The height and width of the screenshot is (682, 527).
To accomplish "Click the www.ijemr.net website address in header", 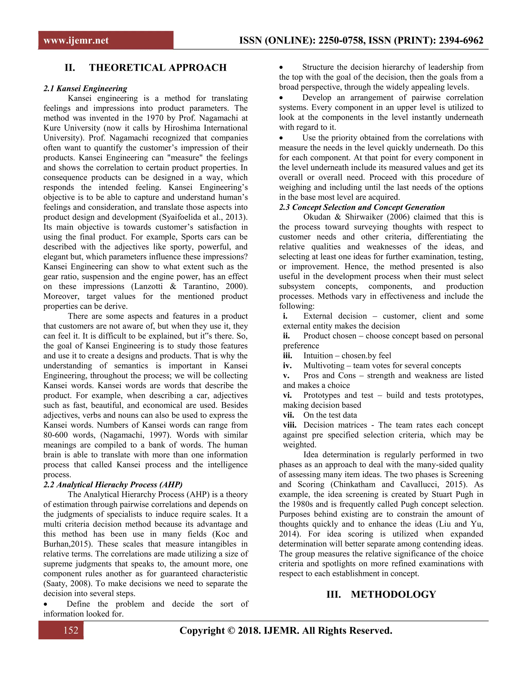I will tap(76, 40).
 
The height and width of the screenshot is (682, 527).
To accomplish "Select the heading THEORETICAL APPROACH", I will tap(158, 67).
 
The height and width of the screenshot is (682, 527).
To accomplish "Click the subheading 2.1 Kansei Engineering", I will tap(85, 88).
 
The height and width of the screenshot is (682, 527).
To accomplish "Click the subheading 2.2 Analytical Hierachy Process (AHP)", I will tap(113, 484).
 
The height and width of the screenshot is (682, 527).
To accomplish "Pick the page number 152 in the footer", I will tap(71, 630).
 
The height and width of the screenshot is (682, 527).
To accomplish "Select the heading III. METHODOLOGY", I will tap(381, 594).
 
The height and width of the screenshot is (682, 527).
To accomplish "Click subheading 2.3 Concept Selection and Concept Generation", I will tap(362, 207).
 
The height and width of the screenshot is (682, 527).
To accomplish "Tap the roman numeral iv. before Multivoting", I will tap(287, 366).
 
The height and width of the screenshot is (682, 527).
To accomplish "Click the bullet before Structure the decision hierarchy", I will tap(281, 67).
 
